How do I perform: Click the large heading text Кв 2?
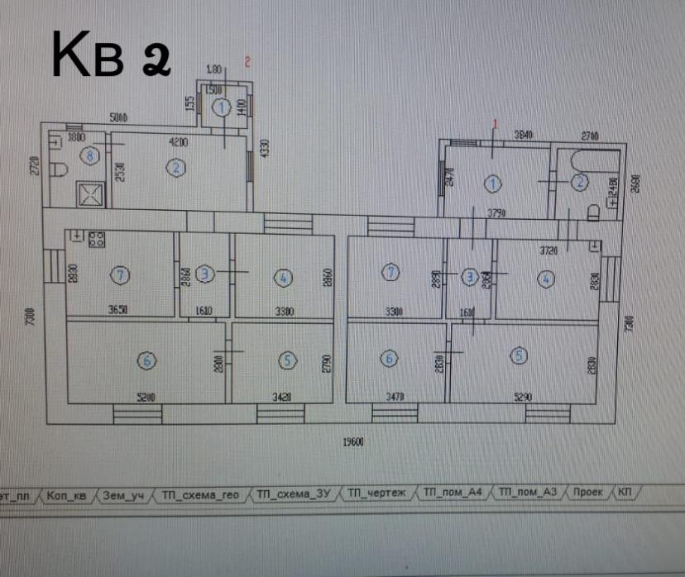point(111,56)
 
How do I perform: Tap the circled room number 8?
point(89,154)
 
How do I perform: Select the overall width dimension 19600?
point(353,441)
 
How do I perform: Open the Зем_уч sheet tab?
point(123,494)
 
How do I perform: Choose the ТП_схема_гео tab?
point(200,494)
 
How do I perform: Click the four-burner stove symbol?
point(97,240)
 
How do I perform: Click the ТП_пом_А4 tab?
point(452,494)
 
